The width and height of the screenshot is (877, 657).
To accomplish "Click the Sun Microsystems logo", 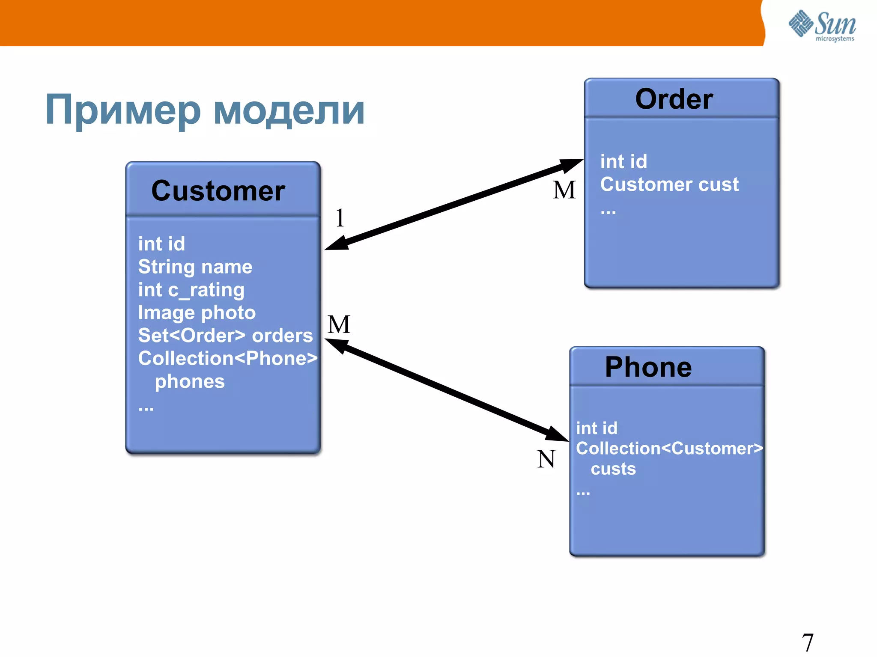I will tap(822, 25).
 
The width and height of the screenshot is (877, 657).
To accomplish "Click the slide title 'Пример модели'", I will tap(205, 110).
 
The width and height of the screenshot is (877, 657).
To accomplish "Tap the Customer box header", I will tap(218, 190).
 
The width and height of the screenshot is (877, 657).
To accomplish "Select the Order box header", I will tap(674, 99).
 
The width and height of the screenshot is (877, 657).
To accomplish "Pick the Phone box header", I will tap(648, 367).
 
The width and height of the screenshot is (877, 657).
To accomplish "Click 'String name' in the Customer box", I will tap(195, 267).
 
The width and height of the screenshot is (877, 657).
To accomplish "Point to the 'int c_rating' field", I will tap(191, 290).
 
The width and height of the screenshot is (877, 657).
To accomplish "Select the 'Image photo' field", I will tap(197, 313).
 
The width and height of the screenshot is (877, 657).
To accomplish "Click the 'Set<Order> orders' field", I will tap(225, 336).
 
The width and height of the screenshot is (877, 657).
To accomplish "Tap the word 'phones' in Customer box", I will tap(190, 381).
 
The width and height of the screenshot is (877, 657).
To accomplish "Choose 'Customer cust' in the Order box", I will tap(669, 184).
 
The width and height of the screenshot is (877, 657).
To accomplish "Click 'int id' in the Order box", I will tap(623, 162).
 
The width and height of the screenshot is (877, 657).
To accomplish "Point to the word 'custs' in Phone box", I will tap(613, 469).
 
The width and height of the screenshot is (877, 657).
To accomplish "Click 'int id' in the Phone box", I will tap(597, 428).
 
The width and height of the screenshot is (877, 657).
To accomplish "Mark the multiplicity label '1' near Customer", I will tap(340, 218).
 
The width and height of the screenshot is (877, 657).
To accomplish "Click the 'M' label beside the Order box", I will tap(564, 190).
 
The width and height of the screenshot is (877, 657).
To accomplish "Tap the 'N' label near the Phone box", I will tap(546, 459).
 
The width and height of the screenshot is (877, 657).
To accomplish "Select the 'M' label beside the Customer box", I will tap(339, 324).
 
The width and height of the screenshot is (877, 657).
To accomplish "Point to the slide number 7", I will tap(808, 642).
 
